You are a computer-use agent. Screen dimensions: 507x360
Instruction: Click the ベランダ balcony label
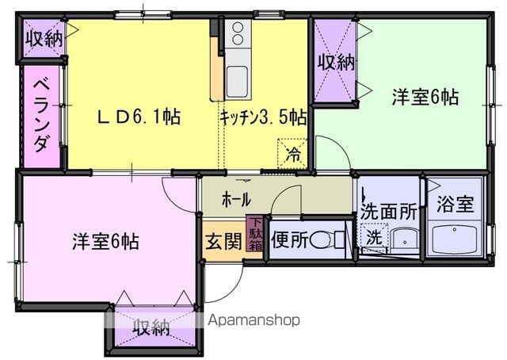(43, 117)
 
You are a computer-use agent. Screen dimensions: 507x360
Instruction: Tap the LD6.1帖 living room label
(139, 117)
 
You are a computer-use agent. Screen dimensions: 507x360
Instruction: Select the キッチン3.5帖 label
(263, 117)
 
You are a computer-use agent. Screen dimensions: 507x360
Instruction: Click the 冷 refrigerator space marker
(293, 154)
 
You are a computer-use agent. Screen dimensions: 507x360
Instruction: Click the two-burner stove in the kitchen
(238, 33)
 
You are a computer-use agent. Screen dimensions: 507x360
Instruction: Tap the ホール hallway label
(236, 199)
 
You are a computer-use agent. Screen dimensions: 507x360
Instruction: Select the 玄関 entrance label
(223, 241)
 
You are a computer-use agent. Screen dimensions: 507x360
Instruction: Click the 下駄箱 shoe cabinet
(255, 233)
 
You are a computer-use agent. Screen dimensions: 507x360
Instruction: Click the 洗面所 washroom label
(389, 212)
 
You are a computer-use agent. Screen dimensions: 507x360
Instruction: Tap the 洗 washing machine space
(374, 237)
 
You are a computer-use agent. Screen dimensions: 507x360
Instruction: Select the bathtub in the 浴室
(454, 239)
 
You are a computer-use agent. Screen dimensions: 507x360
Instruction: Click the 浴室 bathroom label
(456, 204)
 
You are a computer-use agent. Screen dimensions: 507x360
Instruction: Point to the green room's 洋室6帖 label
(425, 97)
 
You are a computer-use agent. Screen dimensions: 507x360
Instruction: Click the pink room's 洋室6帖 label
(105, 241)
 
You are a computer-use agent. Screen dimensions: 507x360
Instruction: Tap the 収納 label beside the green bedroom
(336, 62)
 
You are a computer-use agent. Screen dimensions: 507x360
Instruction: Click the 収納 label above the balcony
(44, 39)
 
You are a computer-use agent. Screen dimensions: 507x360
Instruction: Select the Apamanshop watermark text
(254, 320)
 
